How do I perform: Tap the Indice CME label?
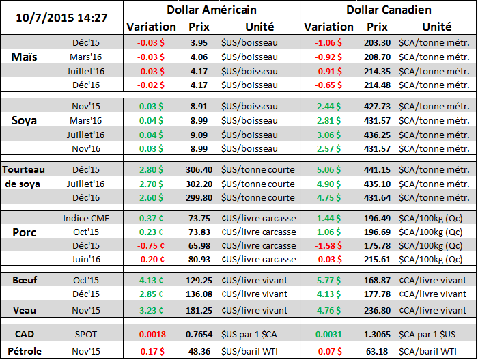(x=85, y=218)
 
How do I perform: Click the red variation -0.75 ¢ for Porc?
(x=149, y=245)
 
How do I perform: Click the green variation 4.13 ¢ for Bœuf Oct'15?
(x=149, y=280)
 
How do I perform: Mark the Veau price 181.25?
(x=199, y=309)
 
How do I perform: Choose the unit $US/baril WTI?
(x=251, y=352)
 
